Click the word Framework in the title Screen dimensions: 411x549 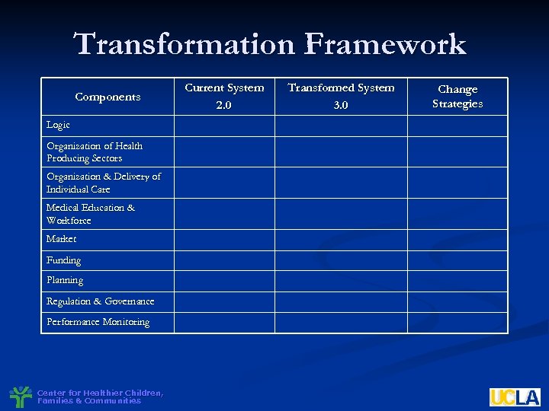(x=384, y=44)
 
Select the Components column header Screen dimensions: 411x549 (x=108, y=97)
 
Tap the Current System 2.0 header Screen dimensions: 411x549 (x=224, y=96)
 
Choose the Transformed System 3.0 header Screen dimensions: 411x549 (x=341, y=96)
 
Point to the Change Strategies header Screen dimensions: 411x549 (x=457, y=97)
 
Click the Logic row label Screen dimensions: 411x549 (x=58, y=125)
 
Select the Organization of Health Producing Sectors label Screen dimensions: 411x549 (x=94, y=152)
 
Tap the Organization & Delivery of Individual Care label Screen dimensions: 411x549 (x=103, y=183)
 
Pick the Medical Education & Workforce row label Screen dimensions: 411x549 (x=90, y=214)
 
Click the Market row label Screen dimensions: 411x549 (x=61, y=239)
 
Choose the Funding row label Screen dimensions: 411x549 (x=63, y=260)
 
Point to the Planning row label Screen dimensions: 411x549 (x=65, y=280)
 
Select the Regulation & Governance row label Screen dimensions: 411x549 (x=100, y=301)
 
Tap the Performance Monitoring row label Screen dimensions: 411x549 (x=98, y=322)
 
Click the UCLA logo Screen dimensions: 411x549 (x=514, y=397)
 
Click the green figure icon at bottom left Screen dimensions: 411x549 (x=21, y=397)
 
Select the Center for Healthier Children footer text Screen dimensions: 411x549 (x=99, y=397)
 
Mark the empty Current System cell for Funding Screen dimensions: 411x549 (x=224, y=260)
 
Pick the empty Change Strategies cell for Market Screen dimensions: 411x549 (x=457, y=240)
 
